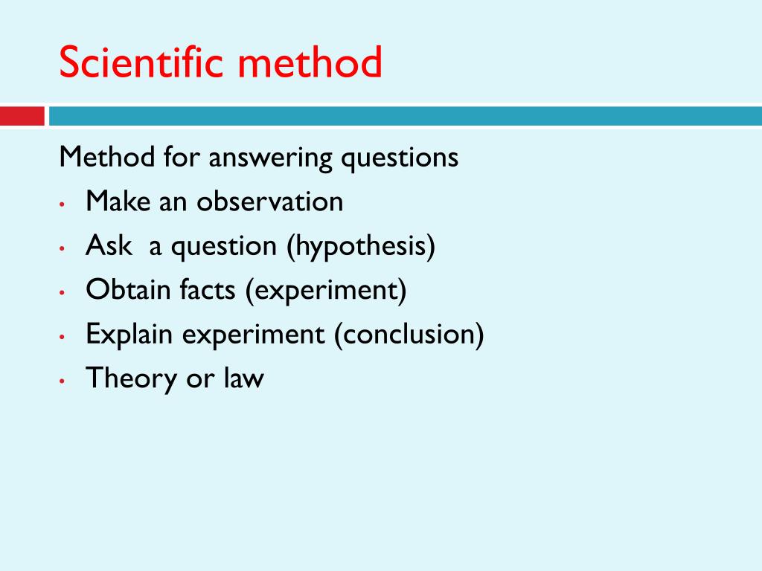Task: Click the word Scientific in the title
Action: coord(141,62)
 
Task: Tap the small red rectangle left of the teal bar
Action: coord(22,117)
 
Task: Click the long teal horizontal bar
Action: coord(406,117)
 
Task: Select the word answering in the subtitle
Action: coord(270,158)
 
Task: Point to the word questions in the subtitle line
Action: coord(400,158)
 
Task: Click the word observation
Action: coord(269,201)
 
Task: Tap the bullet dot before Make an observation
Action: coord(62,204)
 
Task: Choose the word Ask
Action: coord(109,245)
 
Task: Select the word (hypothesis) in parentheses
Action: coord(361,246)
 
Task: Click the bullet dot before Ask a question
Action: coord(62,248)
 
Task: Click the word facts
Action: coord(208,289)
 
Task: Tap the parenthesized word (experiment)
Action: coord(326,291)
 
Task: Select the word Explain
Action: coord(129,335)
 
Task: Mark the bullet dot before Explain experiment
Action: coord(62,337)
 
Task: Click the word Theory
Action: coord(131,378)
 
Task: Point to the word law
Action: coord(244,378)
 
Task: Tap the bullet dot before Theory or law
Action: coord(62,381)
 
